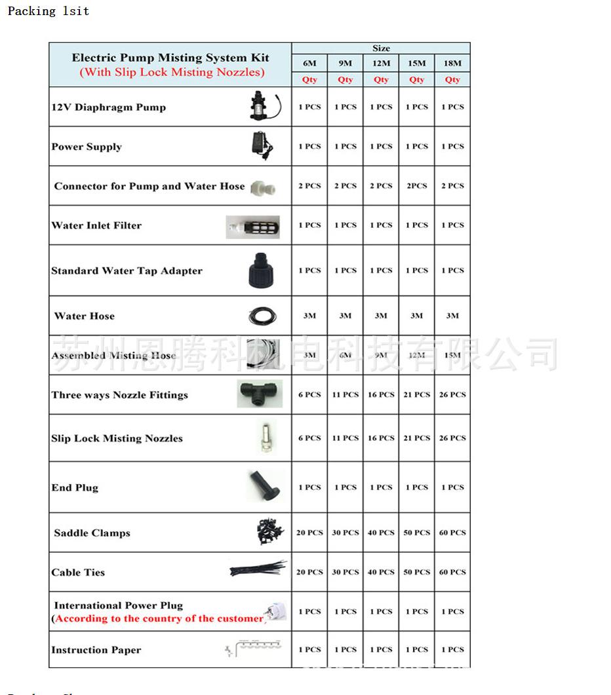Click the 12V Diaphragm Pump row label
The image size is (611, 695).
coord(109,107)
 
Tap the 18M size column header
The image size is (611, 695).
coord(452,64)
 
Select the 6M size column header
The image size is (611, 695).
coord(309,64)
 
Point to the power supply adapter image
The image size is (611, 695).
coord(264,144)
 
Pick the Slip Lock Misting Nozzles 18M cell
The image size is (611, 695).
coord(452,438)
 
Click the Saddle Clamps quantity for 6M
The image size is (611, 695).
coord(309,533)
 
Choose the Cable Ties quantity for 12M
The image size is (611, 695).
coord(381,572)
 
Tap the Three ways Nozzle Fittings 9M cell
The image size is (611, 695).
coord(345,395)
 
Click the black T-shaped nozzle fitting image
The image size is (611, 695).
coord(260,394)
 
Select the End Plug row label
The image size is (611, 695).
coord(75,488)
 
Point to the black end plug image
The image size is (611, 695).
coord(265,485)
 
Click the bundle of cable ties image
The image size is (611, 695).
coord(258,569)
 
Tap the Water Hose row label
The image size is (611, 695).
coord(85,316)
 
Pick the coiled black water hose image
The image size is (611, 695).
coord(262,317)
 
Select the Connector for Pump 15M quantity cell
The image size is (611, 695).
coord(416,186)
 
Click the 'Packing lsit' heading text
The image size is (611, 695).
coord(48,11)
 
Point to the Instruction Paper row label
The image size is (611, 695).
coord(96,650)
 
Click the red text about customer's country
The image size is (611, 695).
coord(159,619)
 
